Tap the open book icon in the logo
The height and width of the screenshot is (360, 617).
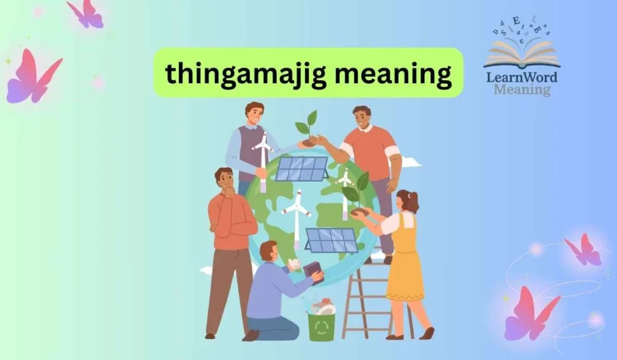tap(522, 55)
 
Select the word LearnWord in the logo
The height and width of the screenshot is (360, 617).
tap(522, 77)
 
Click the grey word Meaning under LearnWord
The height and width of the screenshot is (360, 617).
tap(522, 90)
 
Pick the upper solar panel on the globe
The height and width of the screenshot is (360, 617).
tap(301, 168)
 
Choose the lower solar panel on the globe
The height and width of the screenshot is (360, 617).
tap(332, 240)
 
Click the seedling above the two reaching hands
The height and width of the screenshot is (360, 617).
tap(307, 127)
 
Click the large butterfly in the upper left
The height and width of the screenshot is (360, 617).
tap(33, 75)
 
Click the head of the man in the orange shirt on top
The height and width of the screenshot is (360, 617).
tap(362, 118)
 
